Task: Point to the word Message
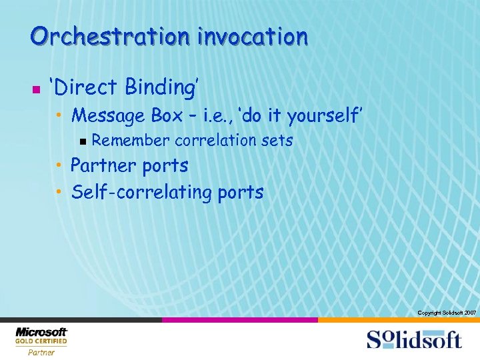[x=108, y=116]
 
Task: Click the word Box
[x=167, y=116]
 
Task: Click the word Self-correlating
[x=141, y=193]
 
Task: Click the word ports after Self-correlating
[x=239, y=193]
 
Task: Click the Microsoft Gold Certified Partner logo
[x=41, y=341]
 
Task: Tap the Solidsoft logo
[x=413, y=339]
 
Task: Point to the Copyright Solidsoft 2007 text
[x=446, y=313]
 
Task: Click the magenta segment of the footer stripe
[x=239, y=320]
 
